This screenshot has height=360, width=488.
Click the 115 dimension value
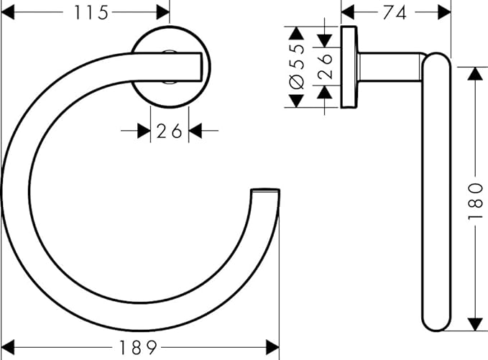click(x=91, y=13)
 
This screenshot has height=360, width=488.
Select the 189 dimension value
click(x=138, y=348)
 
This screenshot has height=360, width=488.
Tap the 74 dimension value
click(x=395, y=13)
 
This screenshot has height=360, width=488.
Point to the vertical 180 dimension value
click(x=476, y=201)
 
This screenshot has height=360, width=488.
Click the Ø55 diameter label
click(x=297, y=67)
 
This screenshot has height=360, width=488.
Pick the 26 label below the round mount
click(x=169, y=131)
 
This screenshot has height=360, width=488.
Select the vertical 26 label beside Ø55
click(x=326, y=66)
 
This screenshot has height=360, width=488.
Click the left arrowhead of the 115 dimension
click(x=8, y=12)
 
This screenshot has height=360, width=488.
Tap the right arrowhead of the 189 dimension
click(x=272, y=347)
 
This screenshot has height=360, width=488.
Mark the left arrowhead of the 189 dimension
click(x=8, y=347)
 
